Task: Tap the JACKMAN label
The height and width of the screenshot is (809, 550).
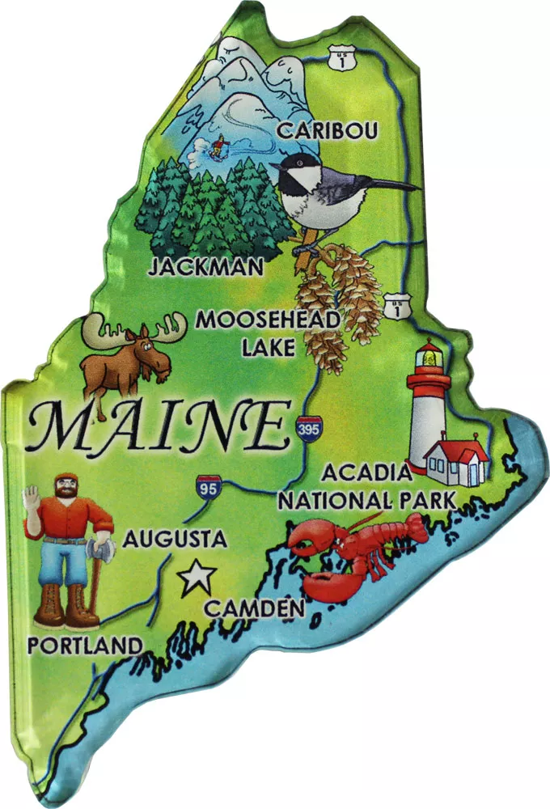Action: pos(205,266)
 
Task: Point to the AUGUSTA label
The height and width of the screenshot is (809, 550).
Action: pos(175,538)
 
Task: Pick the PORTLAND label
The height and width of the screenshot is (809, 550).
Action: pos(84,645)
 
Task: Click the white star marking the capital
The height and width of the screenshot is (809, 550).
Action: pos(197,578)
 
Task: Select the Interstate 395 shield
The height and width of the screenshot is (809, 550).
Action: pos(307,426)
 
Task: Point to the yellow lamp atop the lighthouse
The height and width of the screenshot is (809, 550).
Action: pos(429,354)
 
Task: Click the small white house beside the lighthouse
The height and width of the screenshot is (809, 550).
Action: pos(455,461)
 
